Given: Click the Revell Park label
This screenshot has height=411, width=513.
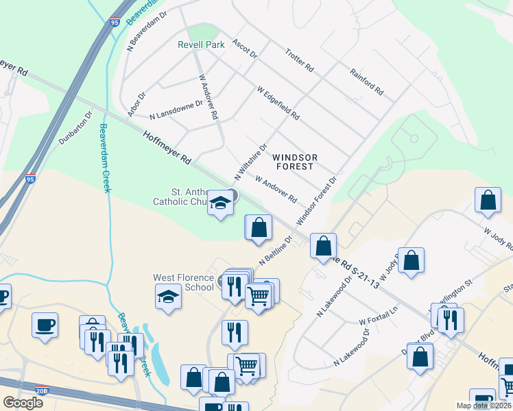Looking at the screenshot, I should (x=202, y=45).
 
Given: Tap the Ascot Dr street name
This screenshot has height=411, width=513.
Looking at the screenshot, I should (x=244, y=49).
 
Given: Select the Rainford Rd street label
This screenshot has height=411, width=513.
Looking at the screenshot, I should (x=366, y=81).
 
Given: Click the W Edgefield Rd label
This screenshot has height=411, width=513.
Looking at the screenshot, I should (x=278, y=103).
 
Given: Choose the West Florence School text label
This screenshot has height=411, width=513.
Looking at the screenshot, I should (x=183, y=282).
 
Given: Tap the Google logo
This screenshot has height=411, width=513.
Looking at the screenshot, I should (x=23, y=402).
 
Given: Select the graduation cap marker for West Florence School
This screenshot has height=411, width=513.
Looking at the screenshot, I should (x=168, y=297).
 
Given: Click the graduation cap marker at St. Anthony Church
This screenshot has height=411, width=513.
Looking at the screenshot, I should (x=220, y=203).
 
